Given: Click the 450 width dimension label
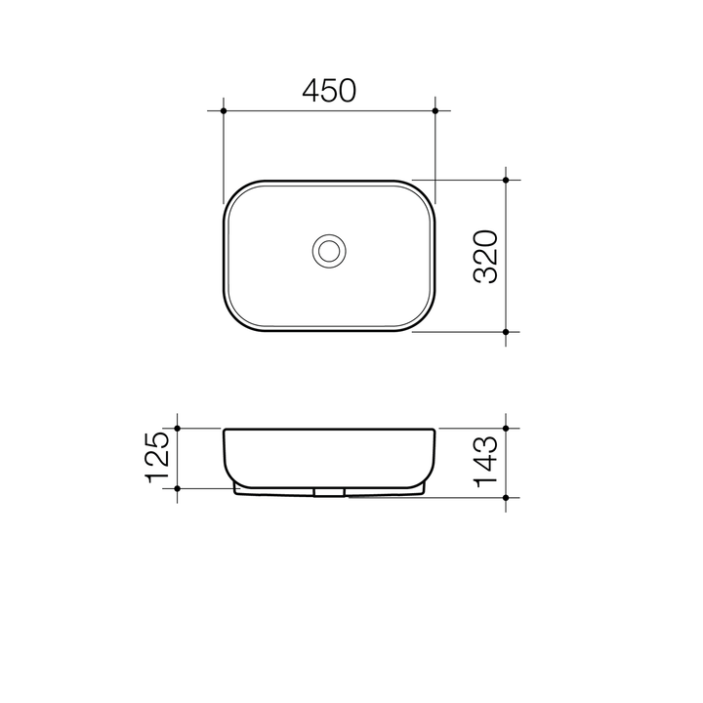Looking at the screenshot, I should pos(329,91).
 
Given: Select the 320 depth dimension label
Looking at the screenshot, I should pos(486,257).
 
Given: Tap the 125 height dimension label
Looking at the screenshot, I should pos(159,457).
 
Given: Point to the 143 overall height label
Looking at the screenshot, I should pos(486,462).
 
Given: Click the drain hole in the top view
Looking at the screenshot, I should pos(329,251).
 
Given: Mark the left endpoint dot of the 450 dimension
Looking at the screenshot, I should pos(224,111).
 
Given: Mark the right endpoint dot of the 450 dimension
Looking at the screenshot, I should pos(435,111).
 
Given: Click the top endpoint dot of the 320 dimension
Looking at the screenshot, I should pos(506,180).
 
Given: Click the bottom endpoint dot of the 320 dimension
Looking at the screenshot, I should pos(506,332).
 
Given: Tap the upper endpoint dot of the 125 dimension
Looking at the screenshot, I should pos(178,428).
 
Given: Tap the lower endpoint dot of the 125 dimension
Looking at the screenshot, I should pos(178,487).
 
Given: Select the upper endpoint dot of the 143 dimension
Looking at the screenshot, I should pos(506,428).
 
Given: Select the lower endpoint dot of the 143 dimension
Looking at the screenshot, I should pos(506,497).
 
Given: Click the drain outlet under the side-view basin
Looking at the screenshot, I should pos(329,492).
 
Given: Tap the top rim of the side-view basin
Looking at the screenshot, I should pos(329,429).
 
